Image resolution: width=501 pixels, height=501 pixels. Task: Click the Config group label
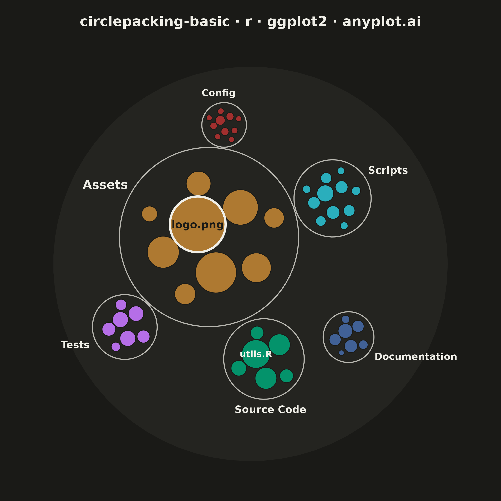click(x=218, y=93)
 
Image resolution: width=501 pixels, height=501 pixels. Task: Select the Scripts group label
click(x=388, y=170)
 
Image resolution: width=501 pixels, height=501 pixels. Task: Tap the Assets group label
click(x=105, y=185)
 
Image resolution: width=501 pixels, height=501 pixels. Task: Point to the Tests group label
click(x=75, y=345)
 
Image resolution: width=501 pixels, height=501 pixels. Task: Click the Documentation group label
click(x=416, y=357)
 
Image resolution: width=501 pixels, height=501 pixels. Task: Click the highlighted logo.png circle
click(x=198, y=224)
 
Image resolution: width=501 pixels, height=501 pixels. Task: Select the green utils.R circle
click(x=256, y=354)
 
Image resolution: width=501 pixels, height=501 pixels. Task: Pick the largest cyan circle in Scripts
click(x=325, y=193)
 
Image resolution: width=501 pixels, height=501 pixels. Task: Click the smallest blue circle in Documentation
click(x=342, y=353)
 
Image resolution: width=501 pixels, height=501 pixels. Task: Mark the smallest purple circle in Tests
click(x=116, y=347)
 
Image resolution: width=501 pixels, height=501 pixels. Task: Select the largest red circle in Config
click(x=220, y=120)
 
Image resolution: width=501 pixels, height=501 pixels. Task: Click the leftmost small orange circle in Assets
click(x=150, y=214)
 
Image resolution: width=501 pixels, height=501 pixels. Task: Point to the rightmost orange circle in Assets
click(x=274, y=218)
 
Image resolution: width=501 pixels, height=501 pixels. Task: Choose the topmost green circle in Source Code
click(x=257, y=333)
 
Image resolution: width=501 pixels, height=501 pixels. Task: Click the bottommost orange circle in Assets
click(x=185, y=294)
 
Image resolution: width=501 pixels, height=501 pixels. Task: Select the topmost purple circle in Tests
click(x=121, y=305)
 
